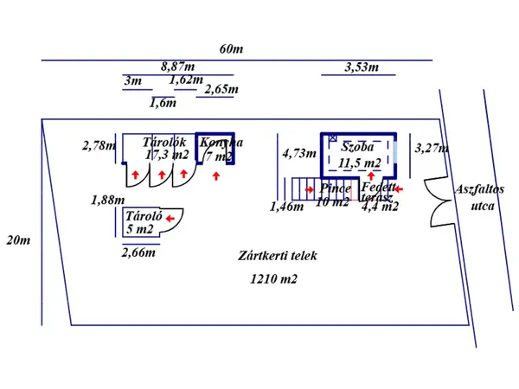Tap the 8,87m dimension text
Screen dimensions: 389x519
178,66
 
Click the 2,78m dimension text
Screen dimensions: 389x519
99,145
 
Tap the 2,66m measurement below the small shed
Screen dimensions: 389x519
138,252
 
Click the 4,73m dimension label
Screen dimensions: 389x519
299,154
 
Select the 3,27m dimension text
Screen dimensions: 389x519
432,148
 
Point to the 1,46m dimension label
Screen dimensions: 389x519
286,206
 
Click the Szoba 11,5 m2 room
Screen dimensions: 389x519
360,154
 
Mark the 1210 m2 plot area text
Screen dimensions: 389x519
272,278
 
